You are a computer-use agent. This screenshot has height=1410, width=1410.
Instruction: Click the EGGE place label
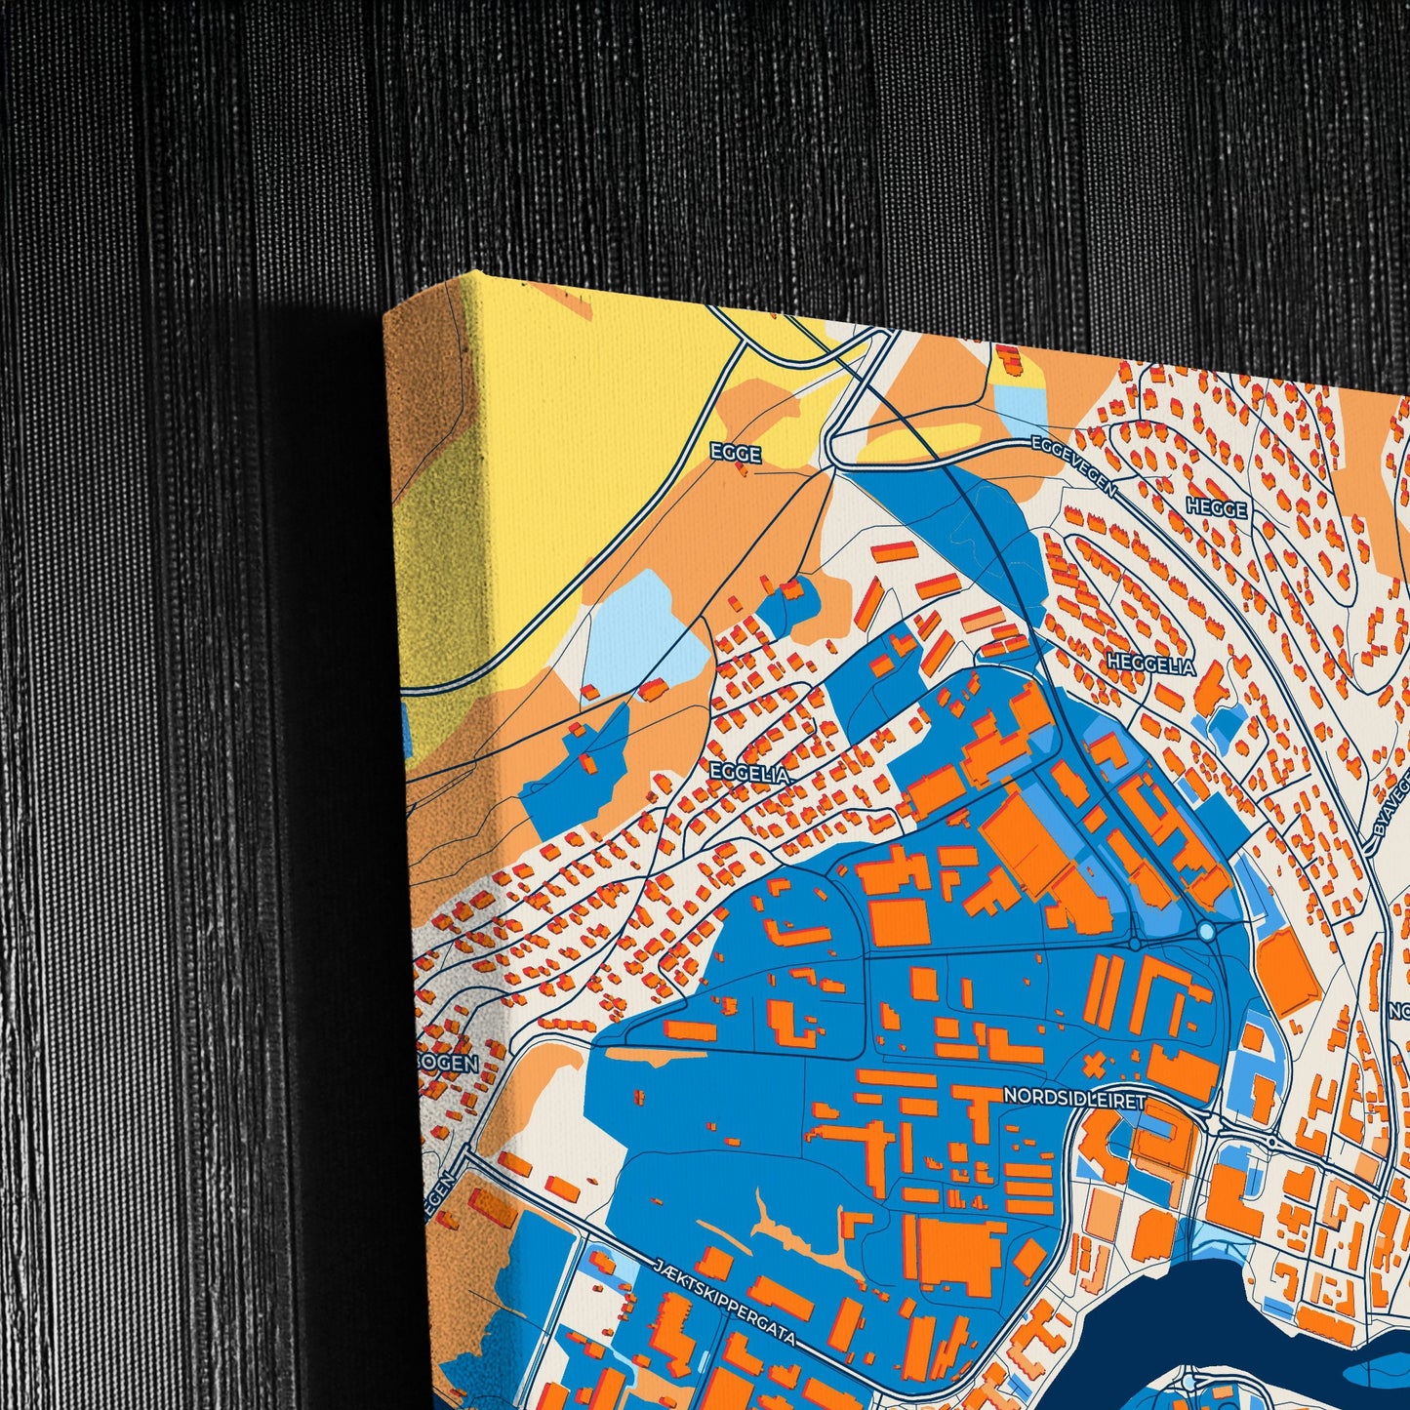[x=735, y=454]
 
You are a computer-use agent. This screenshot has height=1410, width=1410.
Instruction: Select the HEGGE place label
[x=1216, y=508]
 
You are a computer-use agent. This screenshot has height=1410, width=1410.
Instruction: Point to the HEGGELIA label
[x=1150, y=665]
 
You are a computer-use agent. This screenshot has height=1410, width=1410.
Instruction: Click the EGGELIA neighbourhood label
[x=749, y=773]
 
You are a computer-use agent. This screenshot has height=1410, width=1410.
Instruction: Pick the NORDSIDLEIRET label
[x=1073, y=1098]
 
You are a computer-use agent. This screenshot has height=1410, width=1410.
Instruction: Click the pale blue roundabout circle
[x=1207, y=933]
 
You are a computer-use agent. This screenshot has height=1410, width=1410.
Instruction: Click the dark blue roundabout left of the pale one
[x=1135, y=945]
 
